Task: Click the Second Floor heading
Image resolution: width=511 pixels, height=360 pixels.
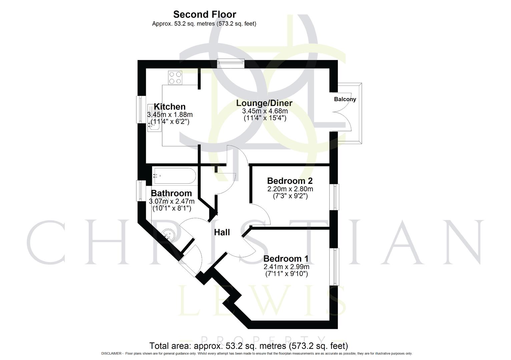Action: [x=204, y=14]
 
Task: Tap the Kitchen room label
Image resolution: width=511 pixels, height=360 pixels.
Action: [x=169, y=107]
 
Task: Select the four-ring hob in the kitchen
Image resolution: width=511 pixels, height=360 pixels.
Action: [x=175, y=78]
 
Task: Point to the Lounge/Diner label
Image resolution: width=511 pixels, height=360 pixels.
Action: [x=264, y=103]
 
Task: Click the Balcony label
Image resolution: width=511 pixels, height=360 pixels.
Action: [x=345, y=99]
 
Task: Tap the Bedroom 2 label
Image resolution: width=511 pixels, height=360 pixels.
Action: [x=290, y=181]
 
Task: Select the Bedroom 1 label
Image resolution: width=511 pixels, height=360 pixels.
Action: [x=286, y=259]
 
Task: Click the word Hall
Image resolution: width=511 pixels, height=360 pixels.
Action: [x=222, y=232]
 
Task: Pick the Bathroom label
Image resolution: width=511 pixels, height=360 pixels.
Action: [x=171, y=193]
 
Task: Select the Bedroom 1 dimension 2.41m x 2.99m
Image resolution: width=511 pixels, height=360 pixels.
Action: [x=286, y=267]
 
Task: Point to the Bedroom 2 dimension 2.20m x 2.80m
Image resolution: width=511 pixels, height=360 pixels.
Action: [x=290, y=189]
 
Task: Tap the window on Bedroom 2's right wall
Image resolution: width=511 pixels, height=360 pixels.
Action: [x=334, y=197]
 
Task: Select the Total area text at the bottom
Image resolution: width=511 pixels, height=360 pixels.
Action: [x=248, y=346]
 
